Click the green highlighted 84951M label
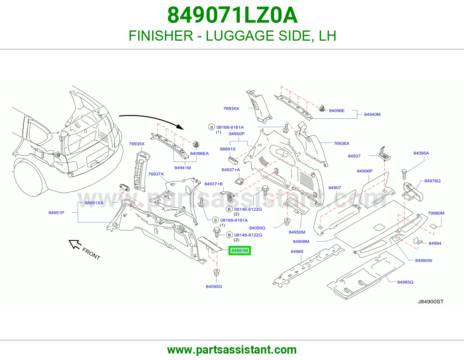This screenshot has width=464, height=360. pos(240,250)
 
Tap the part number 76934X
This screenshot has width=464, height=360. pos(231,109)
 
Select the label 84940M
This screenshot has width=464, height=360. pos(372,114)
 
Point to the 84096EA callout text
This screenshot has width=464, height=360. pos(200,154)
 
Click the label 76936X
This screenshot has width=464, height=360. pos(341,143)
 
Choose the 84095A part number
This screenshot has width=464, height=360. pos(421,153)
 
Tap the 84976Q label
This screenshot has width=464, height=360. pos(432,181)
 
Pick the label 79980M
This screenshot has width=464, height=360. pos(436,213)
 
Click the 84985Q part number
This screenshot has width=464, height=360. pos(405,282)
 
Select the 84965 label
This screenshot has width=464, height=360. pos(297,252)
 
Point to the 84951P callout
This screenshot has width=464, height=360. pos(56,213)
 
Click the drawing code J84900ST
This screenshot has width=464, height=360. pos(431,302)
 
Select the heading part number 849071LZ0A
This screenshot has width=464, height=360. pos(232,15)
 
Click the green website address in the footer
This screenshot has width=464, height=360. pos(232,350)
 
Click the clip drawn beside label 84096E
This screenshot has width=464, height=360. pos(322,109)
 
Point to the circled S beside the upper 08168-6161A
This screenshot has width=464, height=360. pos(211,127)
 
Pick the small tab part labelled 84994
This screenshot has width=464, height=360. pos(418,241)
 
